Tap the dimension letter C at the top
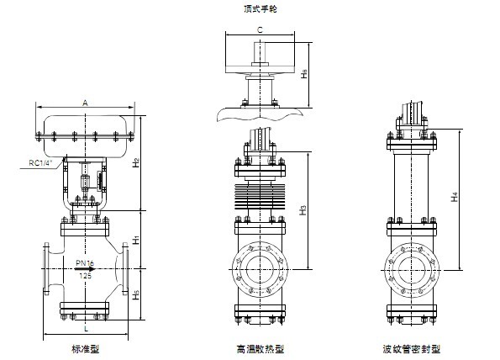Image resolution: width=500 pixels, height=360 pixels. pos(260,30)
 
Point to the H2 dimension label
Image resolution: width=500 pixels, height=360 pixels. pos(137,161)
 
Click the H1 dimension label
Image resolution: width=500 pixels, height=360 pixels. pos(137,241)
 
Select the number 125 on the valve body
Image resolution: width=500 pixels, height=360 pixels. pos(85,275)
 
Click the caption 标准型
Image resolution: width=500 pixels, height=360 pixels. pos(86,348)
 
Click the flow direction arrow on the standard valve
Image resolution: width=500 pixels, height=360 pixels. pos(84,269)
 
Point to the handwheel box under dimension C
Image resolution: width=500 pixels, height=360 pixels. pos(259,50)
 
